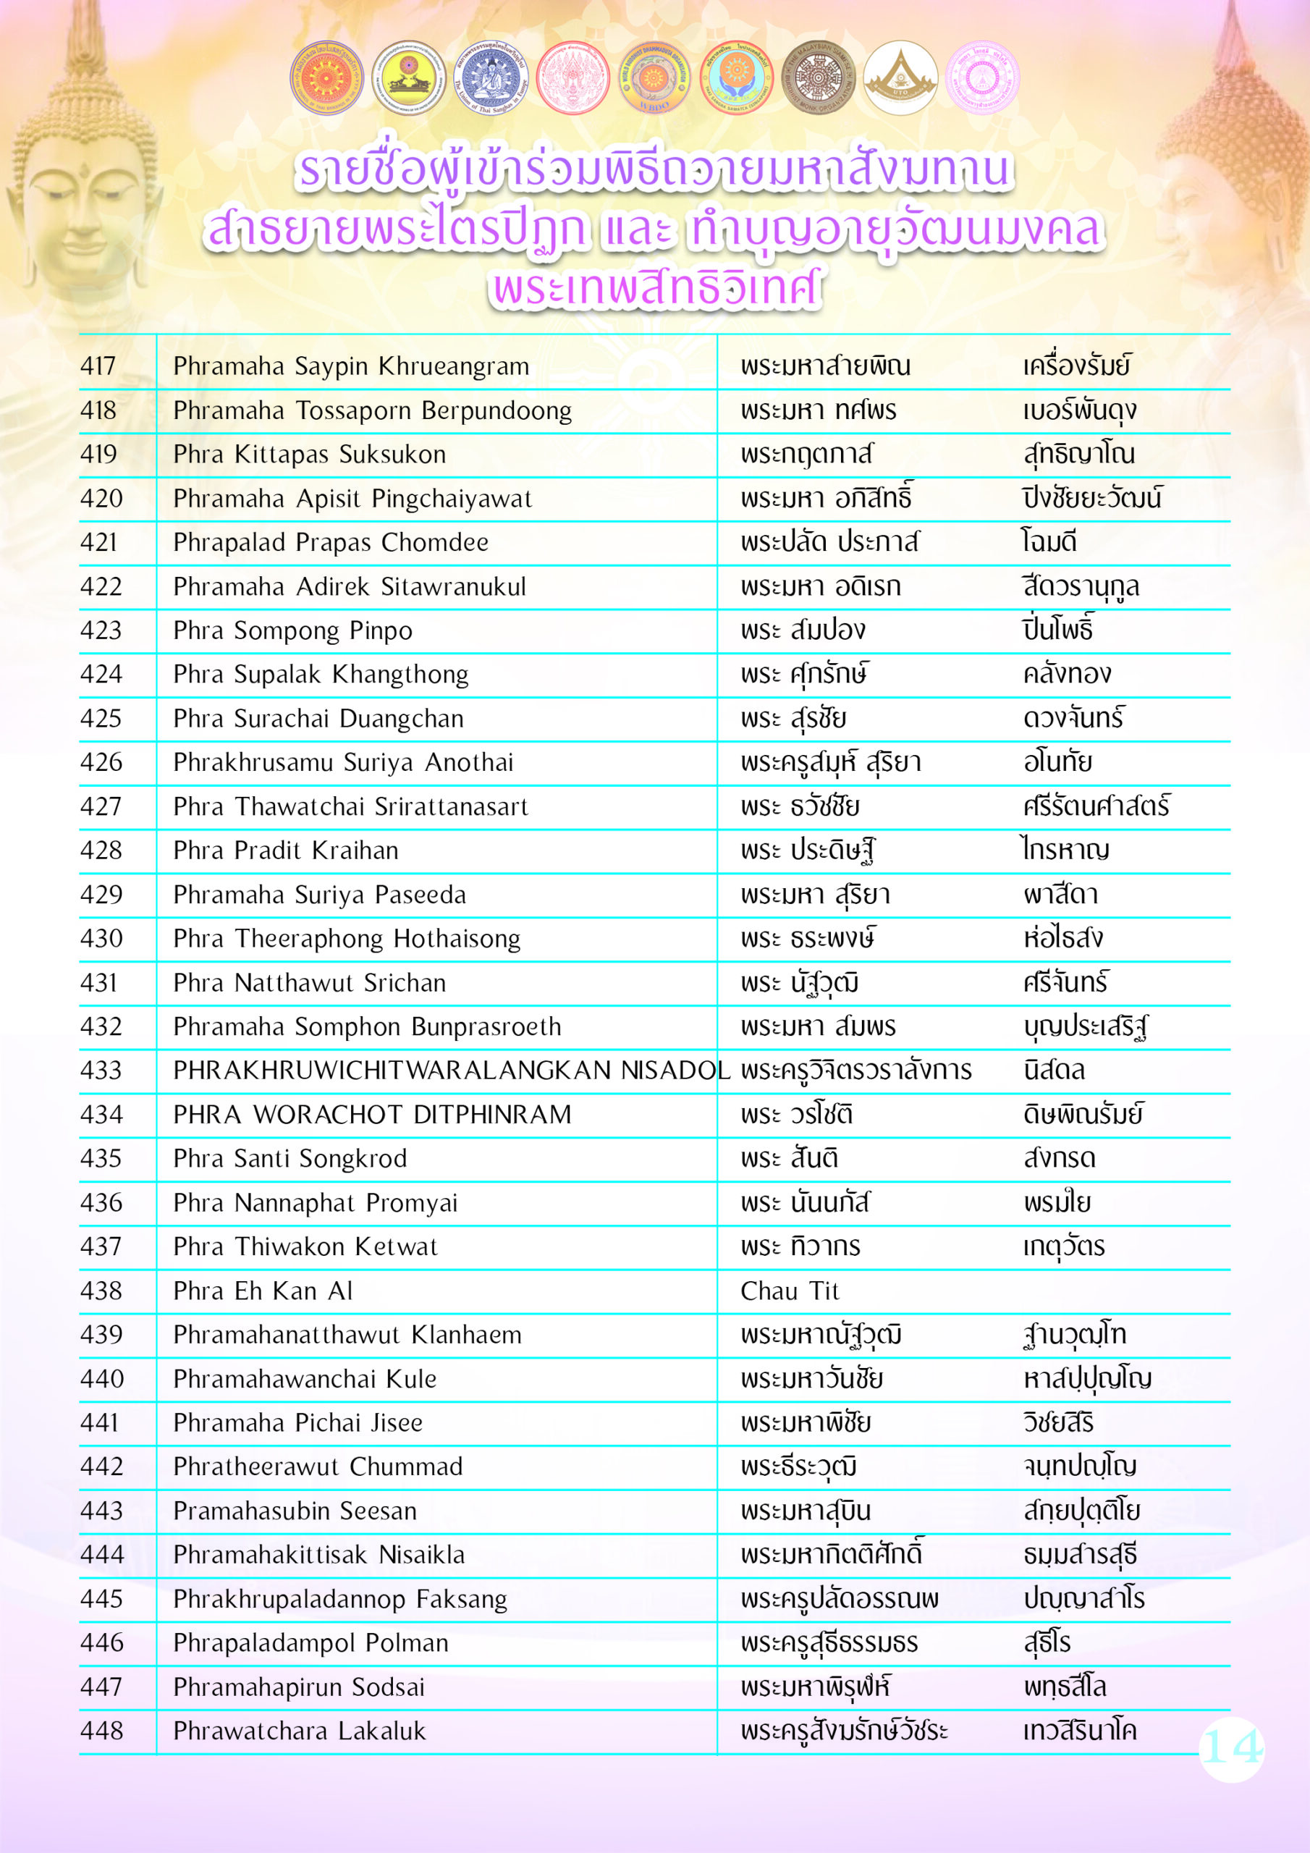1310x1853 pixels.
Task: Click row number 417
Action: tap(98, 366)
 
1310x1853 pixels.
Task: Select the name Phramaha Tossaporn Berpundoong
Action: tap(372, 411)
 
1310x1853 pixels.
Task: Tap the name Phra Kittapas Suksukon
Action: tap(309, 455)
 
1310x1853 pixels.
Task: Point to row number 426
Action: tap(101, 762)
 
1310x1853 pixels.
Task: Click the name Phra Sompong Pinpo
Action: tap(292, 630)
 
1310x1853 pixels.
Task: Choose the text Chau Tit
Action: tap(790, 1291)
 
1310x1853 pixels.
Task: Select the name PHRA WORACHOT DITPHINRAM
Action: tap(372, 1115)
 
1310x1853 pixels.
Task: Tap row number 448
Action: tap(102, 1731)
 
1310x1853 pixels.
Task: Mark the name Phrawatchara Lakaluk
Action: tap(299, 1731)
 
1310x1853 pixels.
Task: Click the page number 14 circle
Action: tap(1231, 1748)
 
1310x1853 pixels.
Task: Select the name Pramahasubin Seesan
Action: tap(295, 1510)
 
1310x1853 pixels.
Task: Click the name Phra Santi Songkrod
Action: tap(290, 1158)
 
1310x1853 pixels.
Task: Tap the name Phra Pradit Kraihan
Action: tap(286, 850)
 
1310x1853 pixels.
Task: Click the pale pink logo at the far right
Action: tap(981, 78)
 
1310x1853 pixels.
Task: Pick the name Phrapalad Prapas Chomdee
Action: tap(331, 542)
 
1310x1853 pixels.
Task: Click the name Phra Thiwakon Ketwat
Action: tap(305, 1246)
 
